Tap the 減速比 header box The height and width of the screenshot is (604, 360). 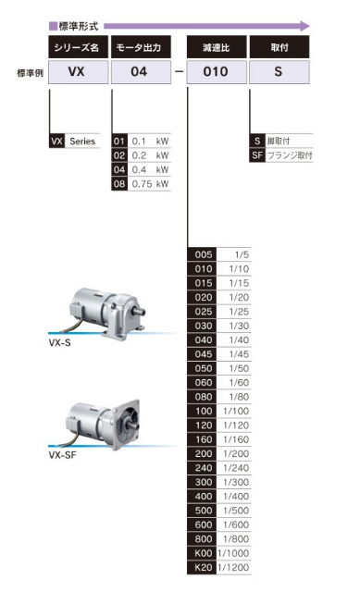[x=217, y=47]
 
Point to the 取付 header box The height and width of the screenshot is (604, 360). [x=279, y=47]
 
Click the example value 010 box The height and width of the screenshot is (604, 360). [x=217, y=71]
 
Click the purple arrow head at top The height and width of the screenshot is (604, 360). [x=304, y=26]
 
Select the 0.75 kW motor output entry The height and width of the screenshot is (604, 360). [x=150, y=184]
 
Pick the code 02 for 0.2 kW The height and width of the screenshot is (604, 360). [x=119, y=155]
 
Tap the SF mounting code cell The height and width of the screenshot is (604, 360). [x=257, y=155]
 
